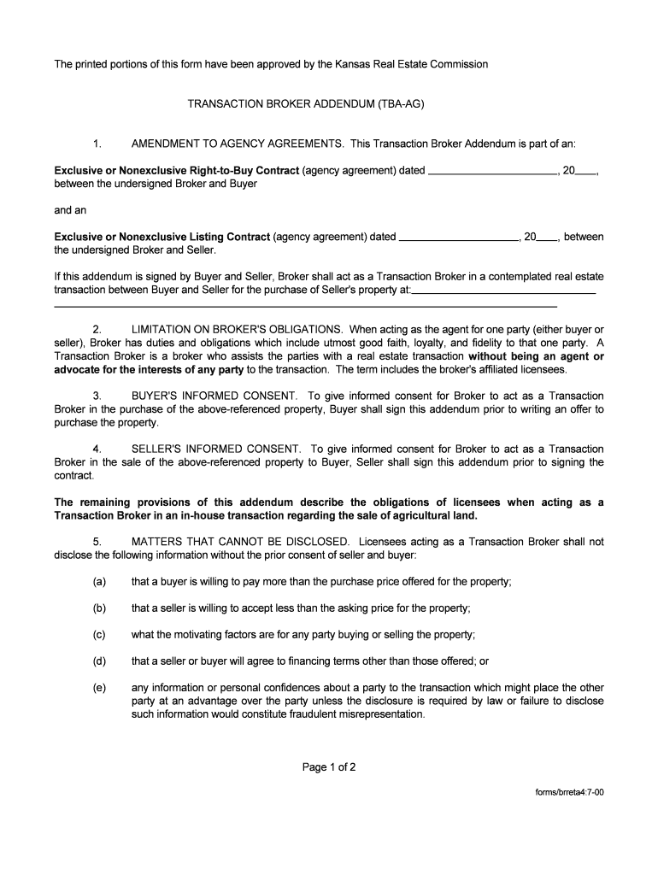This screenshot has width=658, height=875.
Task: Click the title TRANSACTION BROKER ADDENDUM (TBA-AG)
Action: tap(306, 104)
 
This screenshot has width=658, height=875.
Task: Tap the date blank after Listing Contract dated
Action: tap(459, 238)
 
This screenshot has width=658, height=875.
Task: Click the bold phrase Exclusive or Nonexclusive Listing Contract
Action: tap(162, 237)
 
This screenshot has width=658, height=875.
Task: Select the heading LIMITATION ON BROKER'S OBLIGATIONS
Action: tap(238, 329)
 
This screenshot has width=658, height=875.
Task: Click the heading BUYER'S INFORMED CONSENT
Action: tap(214, 396)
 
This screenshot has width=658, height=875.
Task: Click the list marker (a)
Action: tap(100, 582)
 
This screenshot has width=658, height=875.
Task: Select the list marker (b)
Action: tap(100, 608)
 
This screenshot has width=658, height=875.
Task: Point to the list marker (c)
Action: tap(100, 635)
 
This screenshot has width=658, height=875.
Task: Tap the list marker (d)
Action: tap(100, 661)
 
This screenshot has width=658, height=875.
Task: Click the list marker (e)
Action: tap(100, 688)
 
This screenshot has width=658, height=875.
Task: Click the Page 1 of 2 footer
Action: tap(329, 767)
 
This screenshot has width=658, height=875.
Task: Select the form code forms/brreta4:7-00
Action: tap(565, 792)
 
